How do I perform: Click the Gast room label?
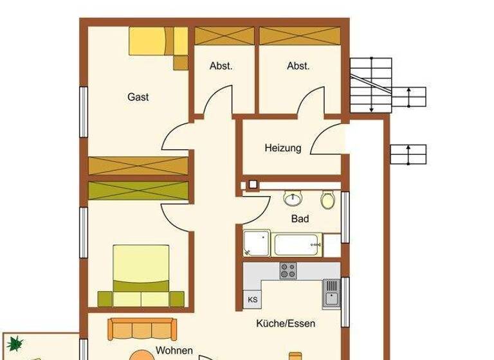[x=138, y=97]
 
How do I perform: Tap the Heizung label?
[x=282, y=148]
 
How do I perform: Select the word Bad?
[x=300, y=219]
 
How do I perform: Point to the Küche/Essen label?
[x=286, y=323]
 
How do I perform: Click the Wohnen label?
[x=174, y=350]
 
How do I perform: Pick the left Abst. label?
[x=221, y=66]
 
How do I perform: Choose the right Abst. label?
[x=298, y=66]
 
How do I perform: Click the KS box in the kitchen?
[x=252, y=300]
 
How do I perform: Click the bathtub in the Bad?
[x=297, y=245]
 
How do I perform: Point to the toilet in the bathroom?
[x=328, y=200]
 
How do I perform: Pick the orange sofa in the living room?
[x=140, y=328]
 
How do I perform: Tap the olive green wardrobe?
[x=138, y=190]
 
